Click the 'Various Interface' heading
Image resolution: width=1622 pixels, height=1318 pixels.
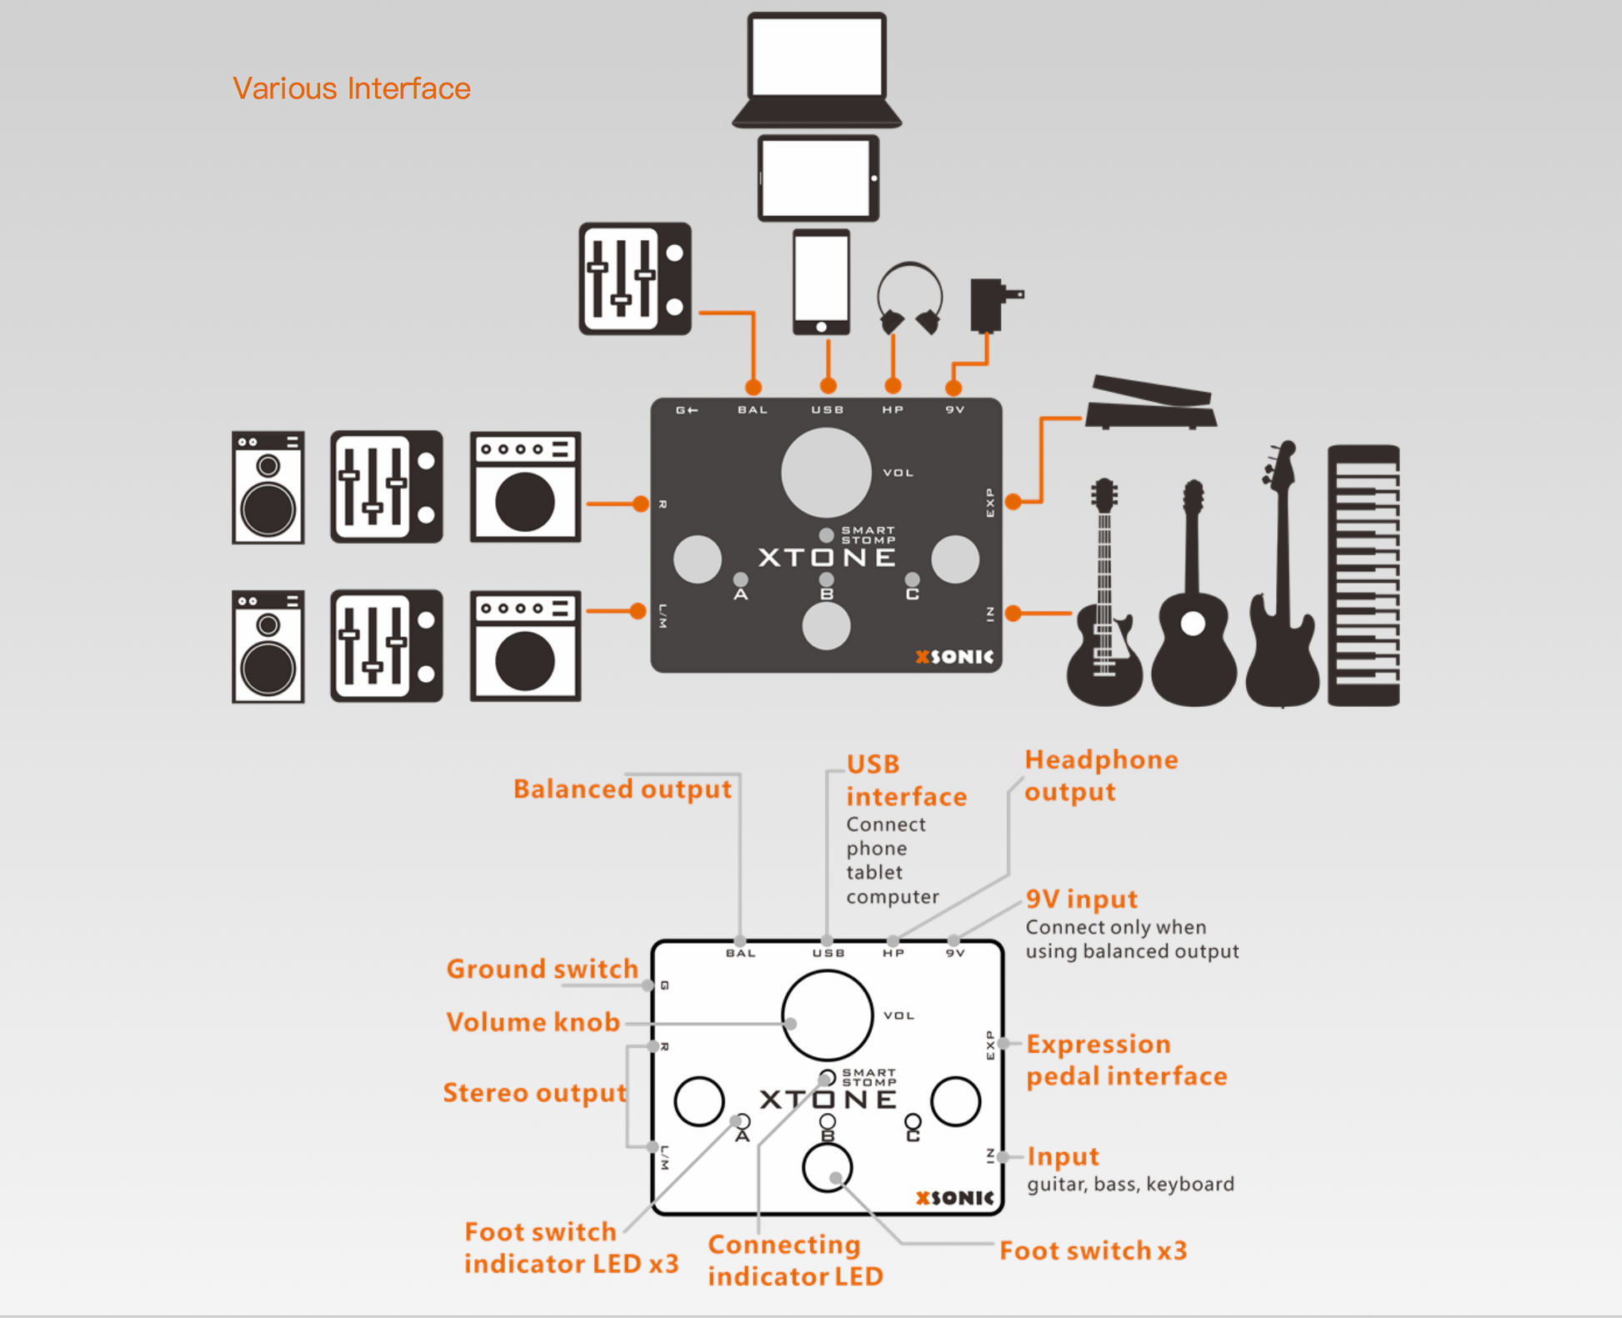[x=351, y=88]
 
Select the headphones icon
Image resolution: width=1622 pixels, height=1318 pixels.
[x=909, y=298]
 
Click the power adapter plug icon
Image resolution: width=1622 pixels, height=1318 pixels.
[x=992, y=305]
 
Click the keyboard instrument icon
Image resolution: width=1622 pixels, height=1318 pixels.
[x=1364, y=575]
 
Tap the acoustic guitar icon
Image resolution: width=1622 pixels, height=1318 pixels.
[x=1194, y=600]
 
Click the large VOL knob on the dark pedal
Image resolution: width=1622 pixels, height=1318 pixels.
[x=826, y=473]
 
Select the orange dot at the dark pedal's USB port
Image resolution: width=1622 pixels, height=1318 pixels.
[x=828, y=386]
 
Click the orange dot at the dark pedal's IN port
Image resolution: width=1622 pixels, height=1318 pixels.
[x=1014, y=614]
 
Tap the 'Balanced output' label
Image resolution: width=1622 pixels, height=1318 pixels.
[x=622, y=789]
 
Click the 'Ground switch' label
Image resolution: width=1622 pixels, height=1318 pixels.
[x=542, y=969]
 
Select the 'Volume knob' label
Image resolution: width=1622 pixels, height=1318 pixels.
[x=533, y=1022]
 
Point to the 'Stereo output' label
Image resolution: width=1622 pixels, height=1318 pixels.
[x=534, y=1092]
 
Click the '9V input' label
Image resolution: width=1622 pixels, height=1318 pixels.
[x=1081, y=899]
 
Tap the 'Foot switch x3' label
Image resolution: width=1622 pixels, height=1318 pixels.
[x=1093, y=1250]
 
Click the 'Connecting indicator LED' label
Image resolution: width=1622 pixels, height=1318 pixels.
[x=794, y=1260]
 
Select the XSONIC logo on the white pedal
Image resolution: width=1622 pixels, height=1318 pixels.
[x=954, y=1198]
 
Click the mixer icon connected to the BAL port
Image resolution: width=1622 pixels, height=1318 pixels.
[x=635, y=278]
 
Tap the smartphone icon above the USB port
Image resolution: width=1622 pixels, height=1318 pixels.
[x=821, y=282]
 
